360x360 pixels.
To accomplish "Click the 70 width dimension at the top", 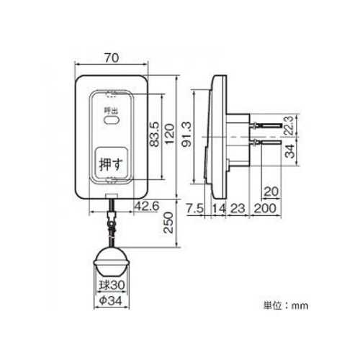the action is coord(112,58).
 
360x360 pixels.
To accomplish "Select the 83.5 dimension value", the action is coord(154,134).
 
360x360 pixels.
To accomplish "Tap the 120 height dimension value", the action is coord(169,134).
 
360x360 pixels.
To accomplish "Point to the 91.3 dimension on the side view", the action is coord(186,134).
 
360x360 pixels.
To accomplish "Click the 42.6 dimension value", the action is coord(147,206).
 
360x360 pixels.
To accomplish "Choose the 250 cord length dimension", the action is coord(168,222).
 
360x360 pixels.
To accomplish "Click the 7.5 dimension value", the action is coord(194,208).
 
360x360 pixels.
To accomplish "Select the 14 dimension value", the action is coord(219,208).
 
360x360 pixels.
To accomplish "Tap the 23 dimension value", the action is coord(238,208).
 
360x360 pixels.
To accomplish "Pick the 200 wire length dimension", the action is coord(265,208).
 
